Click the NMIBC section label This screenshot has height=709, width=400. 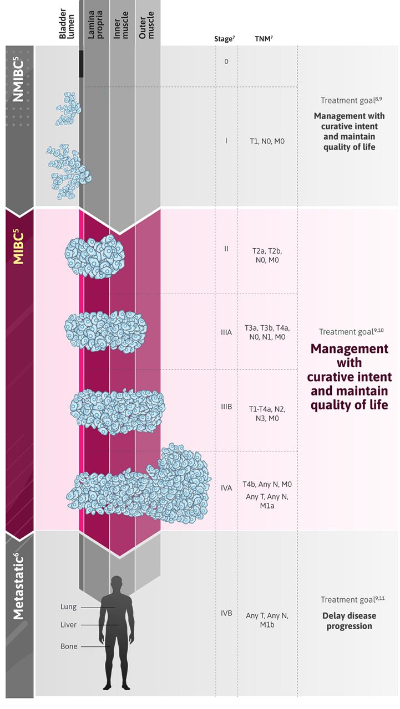point(18,79)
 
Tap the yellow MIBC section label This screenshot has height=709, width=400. point(18,248)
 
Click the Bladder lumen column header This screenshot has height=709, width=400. point(67,24)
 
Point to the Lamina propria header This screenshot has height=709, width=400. point(95,25)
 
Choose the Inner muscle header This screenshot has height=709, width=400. point(121,25)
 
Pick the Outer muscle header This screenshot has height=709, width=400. point(146,25)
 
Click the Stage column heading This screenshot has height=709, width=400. point(224,39)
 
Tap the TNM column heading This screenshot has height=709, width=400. point(264,39)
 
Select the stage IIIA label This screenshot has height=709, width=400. point(226,332)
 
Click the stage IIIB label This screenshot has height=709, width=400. point(226,407)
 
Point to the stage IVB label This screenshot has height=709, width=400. point(226,613)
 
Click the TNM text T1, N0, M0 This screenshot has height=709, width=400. point(267,141)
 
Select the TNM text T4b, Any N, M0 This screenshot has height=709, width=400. point(267,484)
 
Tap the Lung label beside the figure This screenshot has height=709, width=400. point(68,607)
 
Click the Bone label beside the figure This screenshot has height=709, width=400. point(69,646)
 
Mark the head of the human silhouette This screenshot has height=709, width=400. point(117,583)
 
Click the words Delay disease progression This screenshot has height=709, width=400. point(350,621)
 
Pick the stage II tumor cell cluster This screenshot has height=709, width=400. point(95,256)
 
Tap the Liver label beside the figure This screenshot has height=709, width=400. point(68,625)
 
